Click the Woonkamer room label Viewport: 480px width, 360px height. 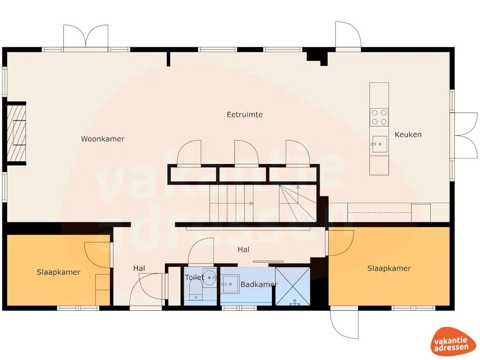coord(103,139)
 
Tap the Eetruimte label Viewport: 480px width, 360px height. coord(245,114)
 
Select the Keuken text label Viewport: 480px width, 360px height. coord(408,135)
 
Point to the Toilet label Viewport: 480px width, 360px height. coord(194,277)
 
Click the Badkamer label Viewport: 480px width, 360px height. coord(259,285)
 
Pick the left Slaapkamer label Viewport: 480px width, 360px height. coord(59,272)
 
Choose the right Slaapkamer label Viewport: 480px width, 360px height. coord(389,269)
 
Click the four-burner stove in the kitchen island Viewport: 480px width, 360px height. coord(379,117)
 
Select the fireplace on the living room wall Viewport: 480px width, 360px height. coord(16,133)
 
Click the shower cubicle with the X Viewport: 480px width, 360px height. coord(292,286)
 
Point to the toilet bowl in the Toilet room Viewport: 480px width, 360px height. coord(195,293)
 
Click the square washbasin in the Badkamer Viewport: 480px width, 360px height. coord(231,283)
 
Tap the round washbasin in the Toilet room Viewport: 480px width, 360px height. coord(209,277)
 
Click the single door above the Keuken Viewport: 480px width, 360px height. coord(347,36)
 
